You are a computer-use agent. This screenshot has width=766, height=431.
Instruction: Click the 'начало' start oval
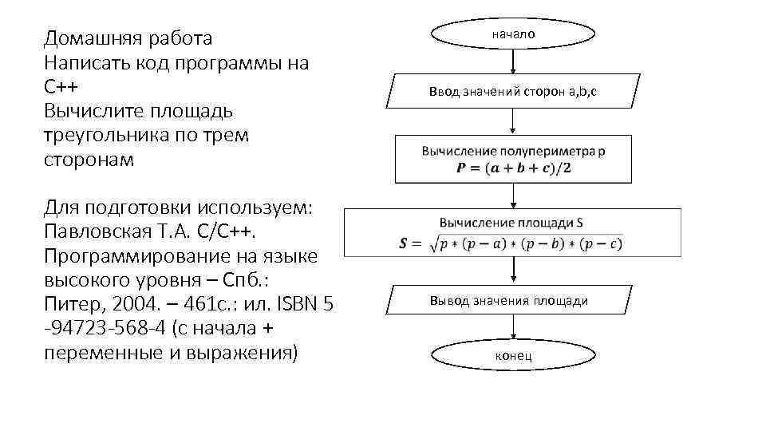tap(513, 34)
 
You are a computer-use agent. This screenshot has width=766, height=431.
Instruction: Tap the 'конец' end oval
tap(513, 355)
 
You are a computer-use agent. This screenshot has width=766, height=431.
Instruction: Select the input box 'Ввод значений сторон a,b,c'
tap(513, 92)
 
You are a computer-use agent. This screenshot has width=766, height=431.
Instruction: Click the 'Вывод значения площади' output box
tap(509, 301)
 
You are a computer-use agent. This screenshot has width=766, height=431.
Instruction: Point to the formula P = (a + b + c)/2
tap(514, 168)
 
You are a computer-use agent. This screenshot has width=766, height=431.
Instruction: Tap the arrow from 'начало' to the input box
tap(513, 62)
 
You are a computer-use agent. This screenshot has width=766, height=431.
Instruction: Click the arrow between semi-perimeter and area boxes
tap(513, 196)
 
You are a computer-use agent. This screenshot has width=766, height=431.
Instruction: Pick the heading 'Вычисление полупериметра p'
tap(514, 151)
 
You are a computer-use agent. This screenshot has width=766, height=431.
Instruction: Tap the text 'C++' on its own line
tap(61, 87)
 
